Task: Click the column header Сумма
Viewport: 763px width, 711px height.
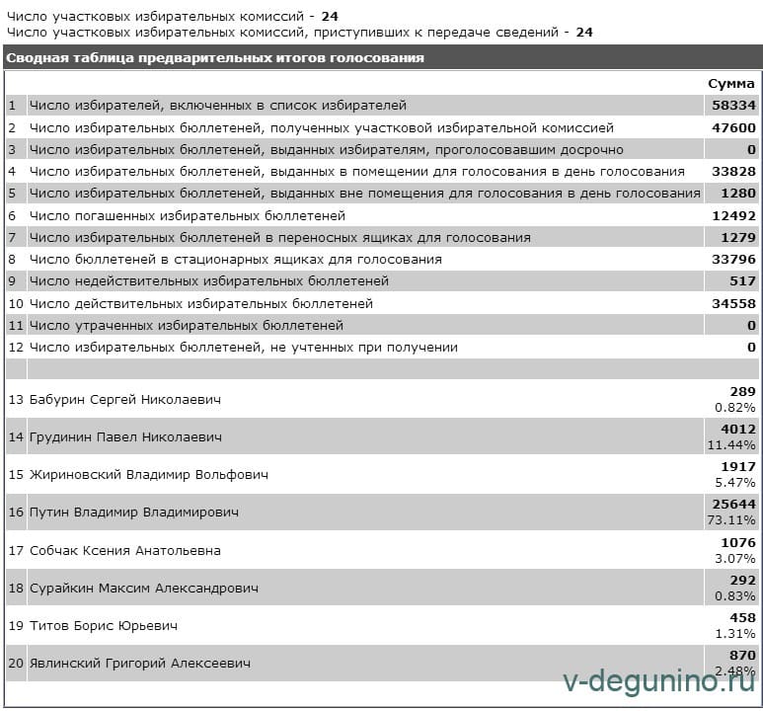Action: [x=730, y=83]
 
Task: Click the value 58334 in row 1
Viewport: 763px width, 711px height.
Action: [x=732, y=105]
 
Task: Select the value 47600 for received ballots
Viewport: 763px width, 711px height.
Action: [x=732, y=127]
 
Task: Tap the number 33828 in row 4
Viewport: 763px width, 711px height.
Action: [x=732, y=171]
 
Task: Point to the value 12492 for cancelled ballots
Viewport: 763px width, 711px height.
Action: [x=732, y=215]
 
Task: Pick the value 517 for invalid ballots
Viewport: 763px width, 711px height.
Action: [x=741, y=281]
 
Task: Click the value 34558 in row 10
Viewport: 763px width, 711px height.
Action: [x=732, y=303]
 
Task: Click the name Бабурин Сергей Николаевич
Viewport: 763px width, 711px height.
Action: [x=125, y=400]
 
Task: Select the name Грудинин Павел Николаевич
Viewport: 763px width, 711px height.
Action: [x=125, y=436]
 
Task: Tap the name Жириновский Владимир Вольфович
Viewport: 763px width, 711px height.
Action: [x=149, y=475]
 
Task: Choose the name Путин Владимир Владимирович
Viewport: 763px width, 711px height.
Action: [x=134, y=513]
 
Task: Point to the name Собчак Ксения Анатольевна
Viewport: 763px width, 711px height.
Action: [x=125, y=551]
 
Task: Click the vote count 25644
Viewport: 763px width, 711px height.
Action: [x=736, y=505]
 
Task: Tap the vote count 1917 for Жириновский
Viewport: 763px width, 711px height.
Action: [x=739, y=467]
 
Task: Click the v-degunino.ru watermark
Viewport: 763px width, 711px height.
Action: [x=658, y=681]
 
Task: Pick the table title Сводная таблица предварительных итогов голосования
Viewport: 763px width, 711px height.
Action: [x=215, y=57]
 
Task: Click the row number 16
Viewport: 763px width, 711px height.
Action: [x=15, y=513]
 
